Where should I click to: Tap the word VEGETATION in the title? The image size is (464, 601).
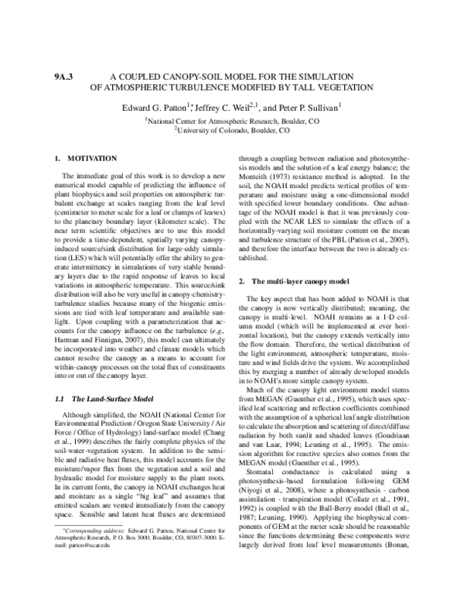tap(344, 88)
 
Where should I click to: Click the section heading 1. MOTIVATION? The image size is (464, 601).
tap(86, 158)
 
